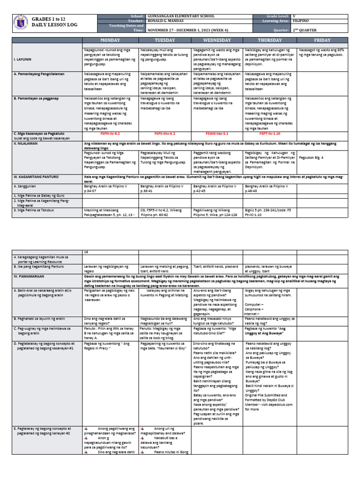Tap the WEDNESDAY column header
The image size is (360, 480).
pyautogui.click(x=217, y=40)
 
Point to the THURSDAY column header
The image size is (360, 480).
pyautogui.click(x=270, y=40)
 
